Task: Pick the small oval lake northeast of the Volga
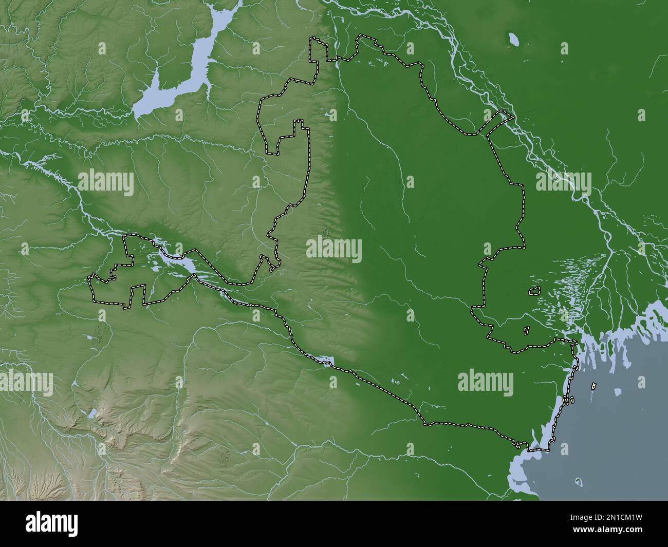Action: click(x=512, y=39)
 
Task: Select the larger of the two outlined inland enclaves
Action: click(x=534, y=291)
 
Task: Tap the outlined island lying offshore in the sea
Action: click(x=595, y=385)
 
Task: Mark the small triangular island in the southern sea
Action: click(x=579, y=481)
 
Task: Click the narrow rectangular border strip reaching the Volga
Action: click(x=497, y=123)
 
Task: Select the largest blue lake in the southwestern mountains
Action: click(x=93, y=412)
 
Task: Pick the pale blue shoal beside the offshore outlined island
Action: click(x=618, y=391)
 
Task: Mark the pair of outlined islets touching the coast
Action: click(x=567, y=399)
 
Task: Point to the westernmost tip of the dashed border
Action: click(x=89, y=278)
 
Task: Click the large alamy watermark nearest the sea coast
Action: click(x=485, y=382)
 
